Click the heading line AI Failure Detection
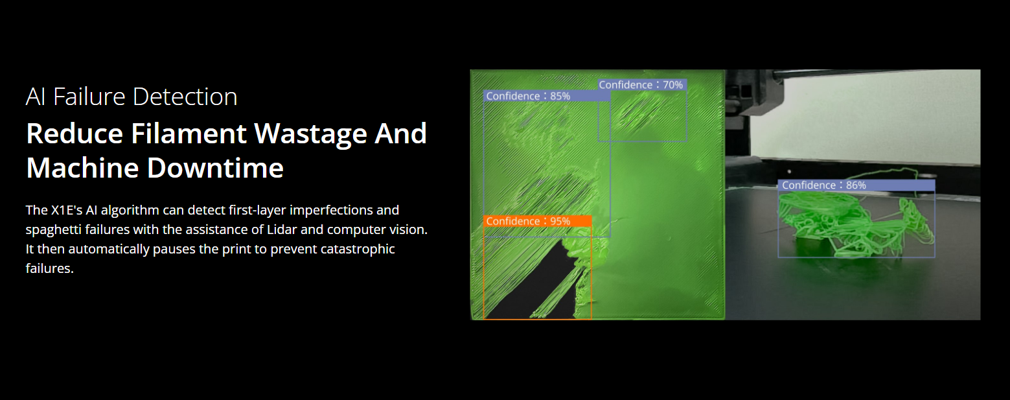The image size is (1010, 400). pos(132,97)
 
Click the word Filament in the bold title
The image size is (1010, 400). pos(189,134)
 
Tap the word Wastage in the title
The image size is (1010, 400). pos(311,134)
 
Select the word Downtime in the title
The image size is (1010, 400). pos(215,168)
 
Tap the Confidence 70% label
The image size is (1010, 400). pos(642,85)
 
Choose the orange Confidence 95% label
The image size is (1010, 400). pos(537,221)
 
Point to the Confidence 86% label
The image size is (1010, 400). pos(856,185)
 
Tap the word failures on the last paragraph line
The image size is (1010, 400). pos(50,269)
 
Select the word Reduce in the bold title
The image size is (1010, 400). pos(75,134)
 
